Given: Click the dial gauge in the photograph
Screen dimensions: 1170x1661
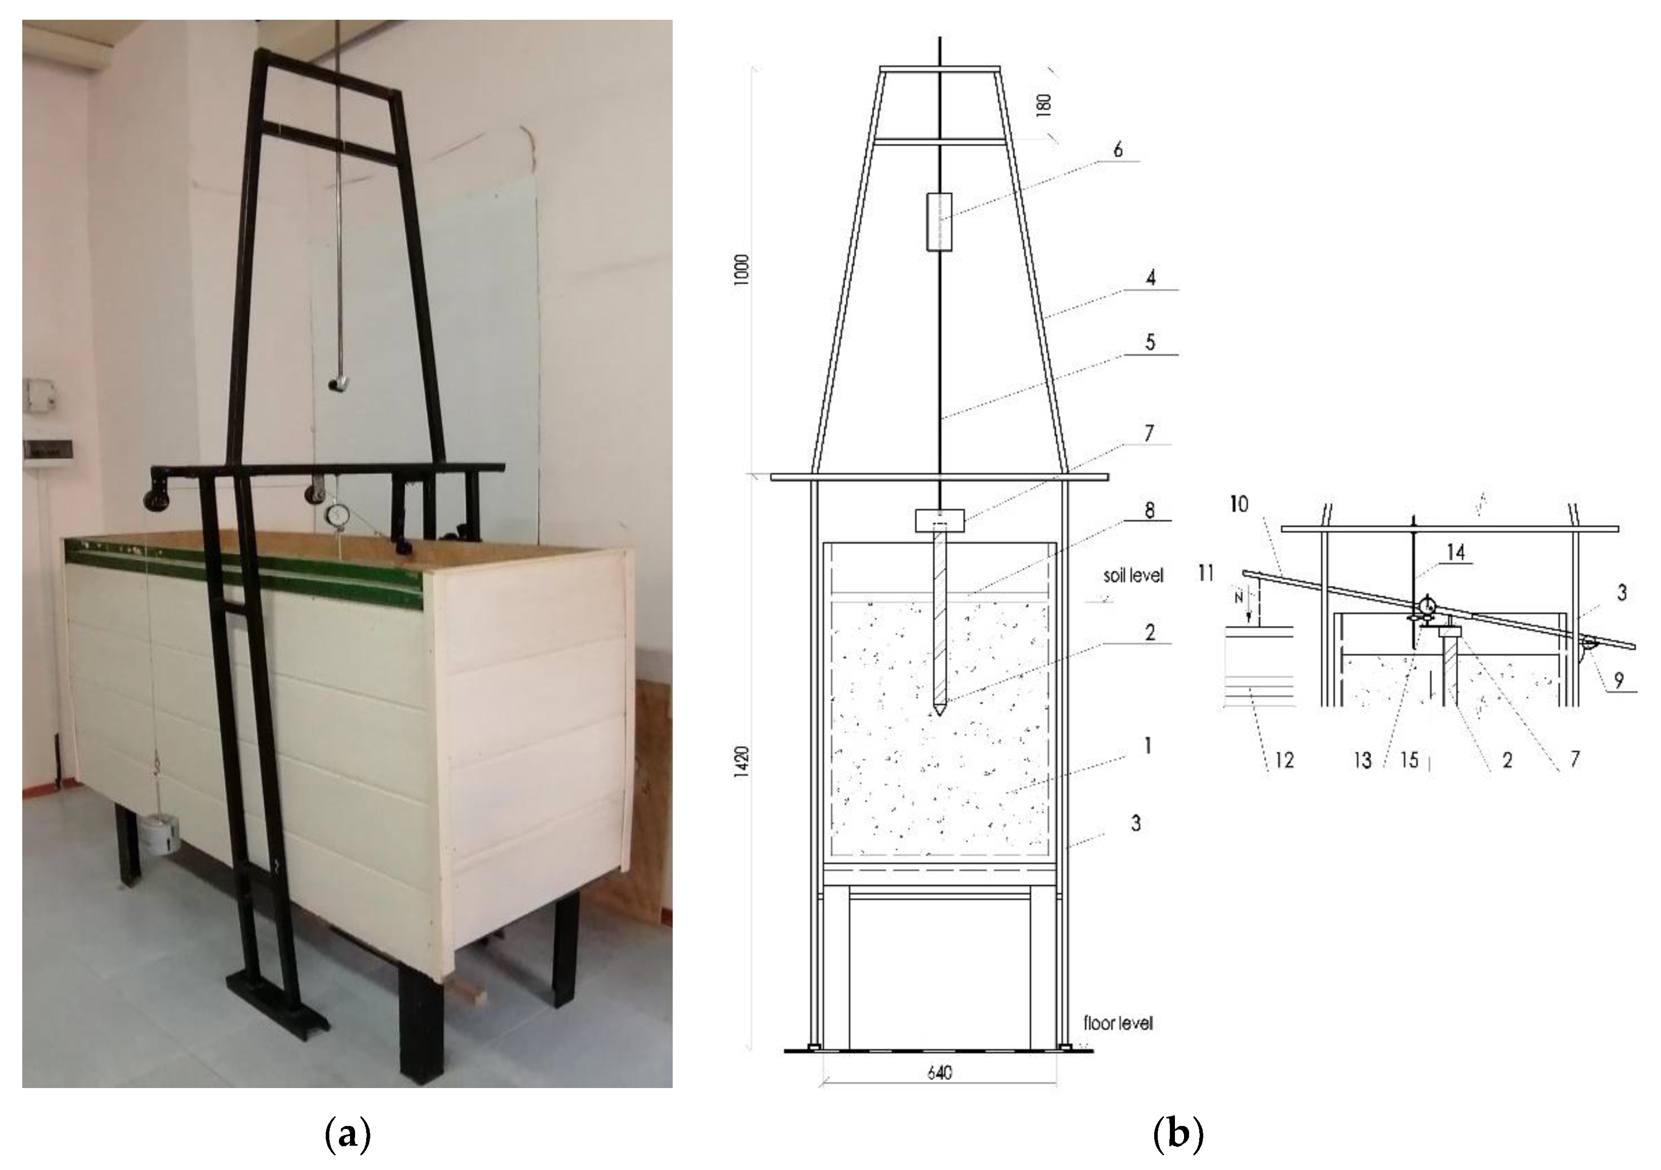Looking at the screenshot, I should (336, 516).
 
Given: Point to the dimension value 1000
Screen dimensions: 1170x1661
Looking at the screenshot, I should (741, 270).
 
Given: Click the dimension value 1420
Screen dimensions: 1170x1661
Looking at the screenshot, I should (741, 762).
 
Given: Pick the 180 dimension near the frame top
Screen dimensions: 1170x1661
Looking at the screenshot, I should (1044, 105).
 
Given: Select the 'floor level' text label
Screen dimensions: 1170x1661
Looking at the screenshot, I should (1118, 1023).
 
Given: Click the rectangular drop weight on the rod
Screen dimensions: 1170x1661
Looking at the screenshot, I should (939, 222).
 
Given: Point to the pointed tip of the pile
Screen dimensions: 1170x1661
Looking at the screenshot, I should (939, 710).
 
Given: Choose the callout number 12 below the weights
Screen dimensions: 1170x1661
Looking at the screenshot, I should (1284, 760).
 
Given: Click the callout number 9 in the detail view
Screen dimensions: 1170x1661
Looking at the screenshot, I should (1619, 680).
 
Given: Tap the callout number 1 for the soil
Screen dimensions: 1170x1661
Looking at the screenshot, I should (1149, 746).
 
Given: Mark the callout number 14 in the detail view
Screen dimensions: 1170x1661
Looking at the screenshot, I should (1456, 553).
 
